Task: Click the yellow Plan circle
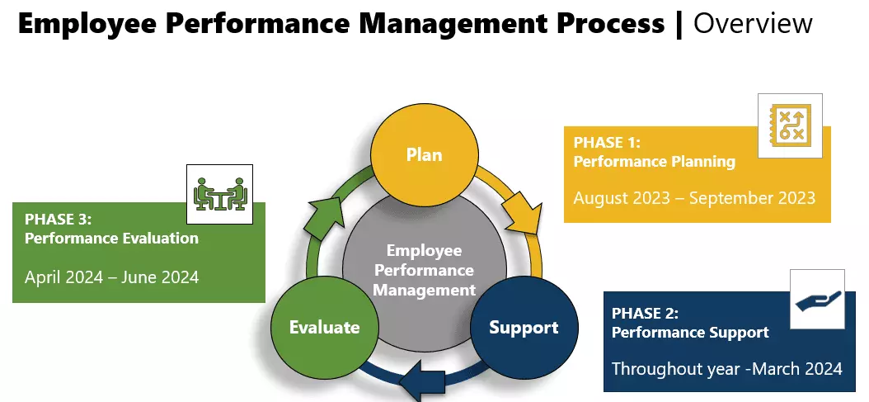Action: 424,154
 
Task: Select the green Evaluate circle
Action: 324,327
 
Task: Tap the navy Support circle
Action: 523,327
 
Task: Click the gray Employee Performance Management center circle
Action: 424,269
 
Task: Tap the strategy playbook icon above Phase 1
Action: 790,125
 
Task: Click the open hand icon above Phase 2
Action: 817,300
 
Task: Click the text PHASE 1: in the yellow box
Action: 607,143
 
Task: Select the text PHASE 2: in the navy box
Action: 645,314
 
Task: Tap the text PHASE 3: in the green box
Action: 59,220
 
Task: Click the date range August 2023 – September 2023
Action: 694,198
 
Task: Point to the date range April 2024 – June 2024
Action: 111,277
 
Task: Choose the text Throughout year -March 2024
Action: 727,368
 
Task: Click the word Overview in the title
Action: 753,23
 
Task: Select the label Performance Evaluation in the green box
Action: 111,239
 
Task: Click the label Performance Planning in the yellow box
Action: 654,162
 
